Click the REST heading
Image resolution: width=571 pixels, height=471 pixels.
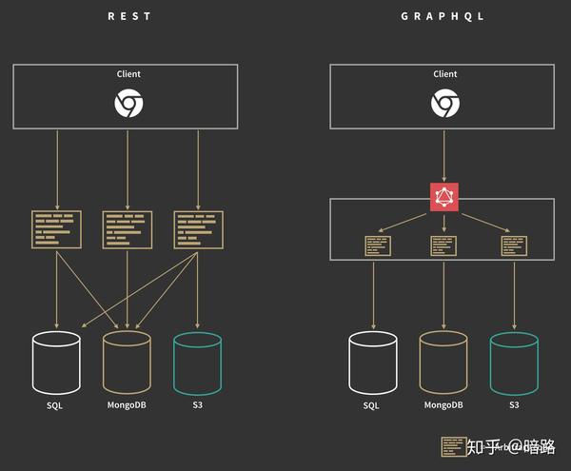pos(128,16)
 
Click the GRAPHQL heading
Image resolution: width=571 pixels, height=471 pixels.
pos(444,16)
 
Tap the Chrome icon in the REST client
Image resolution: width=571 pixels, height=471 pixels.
pos(128,103)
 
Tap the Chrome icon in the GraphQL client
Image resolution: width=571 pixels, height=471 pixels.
pos(444,103)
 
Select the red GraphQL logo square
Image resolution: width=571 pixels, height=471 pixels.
pos(444,195)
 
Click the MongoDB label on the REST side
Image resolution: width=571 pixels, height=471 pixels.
pos(127,406)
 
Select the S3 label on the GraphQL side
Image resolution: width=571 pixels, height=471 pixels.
pos(514,406)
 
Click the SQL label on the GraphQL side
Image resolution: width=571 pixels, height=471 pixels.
pos(371,406)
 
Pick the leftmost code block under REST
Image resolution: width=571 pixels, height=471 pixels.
pos(56,229)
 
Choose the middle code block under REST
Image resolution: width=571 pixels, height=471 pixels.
pos(127,229)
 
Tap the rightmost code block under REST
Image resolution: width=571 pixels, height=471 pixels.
pos(198,229)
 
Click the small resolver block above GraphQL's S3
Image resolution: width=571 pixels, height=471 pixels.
pos(514,245)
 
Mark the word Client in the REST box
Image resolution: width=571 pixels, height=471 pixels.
pos(128,74)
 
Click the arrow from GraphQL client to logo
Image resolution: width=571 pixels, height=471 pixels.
pos(444,154)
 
